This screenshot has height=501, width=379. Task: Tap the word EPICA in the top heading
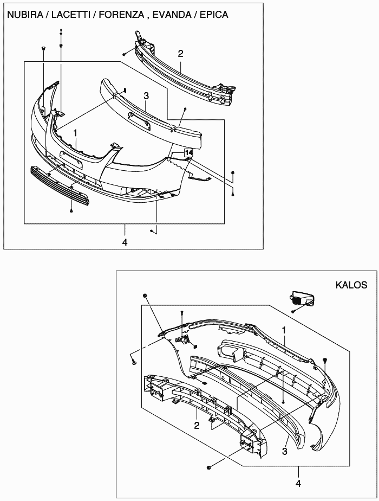tap(214, 15)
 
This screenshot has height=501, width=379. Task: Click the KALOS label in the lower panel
tap(351, 285)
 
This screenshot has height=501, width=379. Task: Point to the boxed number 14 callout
tap(188, 153)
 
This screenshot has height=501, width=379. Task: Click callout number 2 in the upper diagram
tap(180, 54)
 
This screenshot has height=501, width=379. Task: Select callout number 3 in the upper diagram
tap(146, 95)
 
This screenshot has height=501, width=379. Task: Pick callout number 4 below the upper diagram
tap(125, 242)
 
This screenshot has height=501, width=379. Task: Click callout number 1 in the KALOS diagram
tap(284, 330)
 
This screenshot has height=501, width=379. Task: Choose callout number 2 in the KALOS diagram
tap(197, 425)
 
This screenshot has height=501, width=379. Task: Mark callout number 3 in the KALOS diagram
tap(285, 451)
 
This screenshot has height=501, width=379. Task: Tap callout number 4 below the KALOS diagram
tap(298, 484)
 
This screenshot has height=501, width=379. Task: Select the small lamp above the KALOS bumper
tap(301, 298)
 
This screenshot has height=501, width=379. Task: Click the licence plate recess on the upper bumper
tap(72, 159)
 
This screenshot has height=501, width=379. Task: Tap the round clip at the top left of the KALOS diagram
tap(145, 295)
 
